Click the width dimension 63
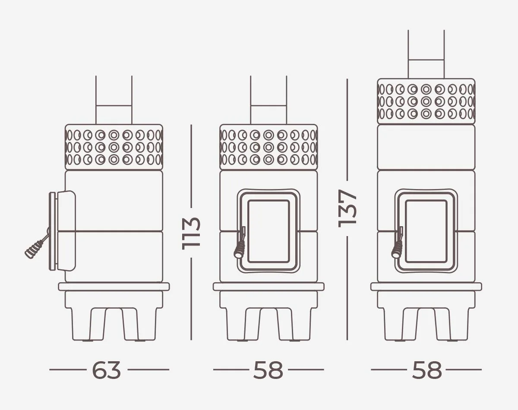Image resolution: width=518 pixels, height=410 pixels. point(106,370)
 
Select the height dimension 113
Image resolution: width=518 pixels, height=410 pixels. point(191,233)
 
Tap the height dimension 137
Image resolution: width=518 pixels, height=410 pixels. point(347,208)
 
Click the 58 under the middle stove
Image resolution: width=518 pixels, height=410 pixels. point(268,370)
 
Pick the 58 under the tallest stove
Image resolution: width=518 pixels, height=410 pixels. point(427,370)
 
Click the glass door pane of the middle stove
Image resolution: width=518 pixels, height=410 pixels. point(268,231)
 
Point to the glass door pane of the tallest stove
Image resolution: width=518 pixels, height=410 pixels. point(426,231)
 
